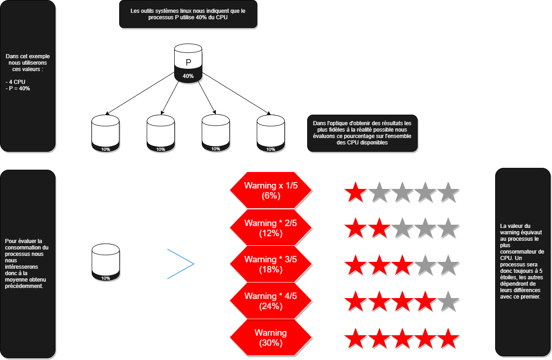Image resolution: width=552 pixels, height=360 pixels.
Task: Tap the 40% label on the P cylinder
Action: (x=188, y=76)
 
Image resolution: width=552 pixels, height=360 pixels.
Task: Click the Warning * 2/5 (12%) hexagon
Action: (x=270, y=228)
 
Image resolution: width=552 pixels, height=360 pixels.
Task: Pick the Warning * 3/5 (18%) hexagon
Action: (x=270, y=264)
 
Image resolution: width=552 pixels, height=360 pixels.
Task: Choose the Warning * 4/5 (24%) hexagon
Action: (x=270, y=301)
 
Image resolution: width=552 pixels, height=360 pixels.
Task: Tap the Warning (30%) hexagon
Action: (x=270, y=338)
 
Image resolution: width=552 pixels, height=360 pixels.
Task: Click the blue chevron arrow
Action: (x=181, y=264)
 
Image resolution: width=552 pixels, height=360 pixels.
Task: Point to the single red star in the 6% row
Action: (x=355, y=192)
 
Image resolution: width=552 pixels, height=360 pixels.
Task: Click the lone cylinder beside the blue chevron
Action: (x=105, y=261)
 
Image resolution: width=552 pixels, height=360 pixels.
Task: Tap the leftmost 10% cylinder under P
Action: (x=105, y=133)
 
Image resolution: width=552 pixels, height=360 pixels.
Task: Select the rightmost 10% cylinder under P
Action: (x=270, y=133)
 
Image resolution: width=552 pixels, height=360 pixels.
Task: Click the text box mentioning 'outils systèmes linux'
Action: (x=188, y=14)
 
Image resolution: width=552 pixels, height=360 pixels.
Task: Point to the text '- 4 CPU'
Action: (x=16, y=82)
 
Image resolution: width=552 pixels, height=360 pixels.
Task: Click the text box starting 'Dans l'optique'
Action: (x=362, y=133)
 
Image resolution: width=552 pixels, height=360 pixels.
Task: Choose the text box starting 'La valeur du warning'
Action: (x=523, y=261)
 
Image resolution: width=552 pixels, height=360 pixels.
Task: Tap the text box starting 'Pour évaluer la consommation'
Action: (x=28, y=263)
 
